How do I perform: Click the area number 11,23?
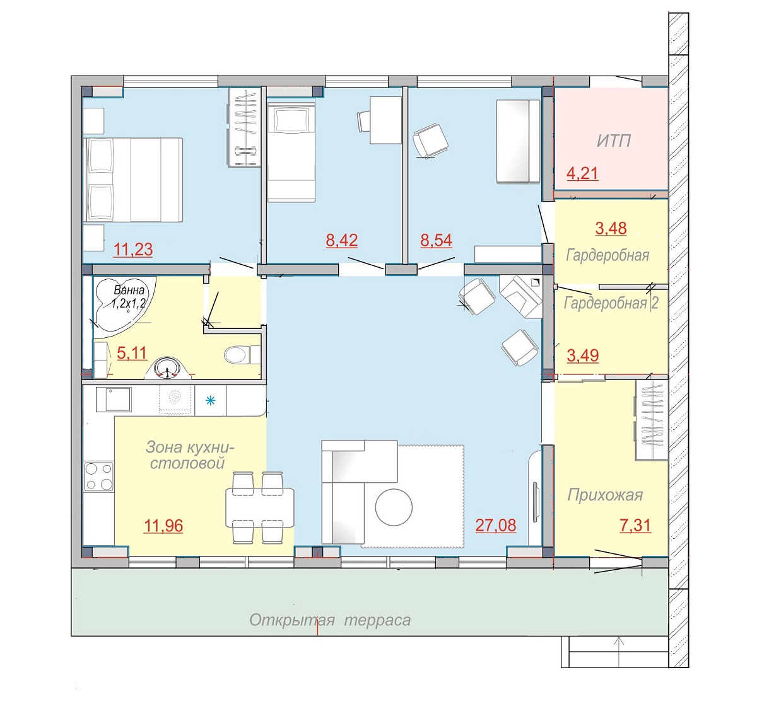pos(133,250)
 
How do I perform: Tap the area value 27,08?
pos(495,526)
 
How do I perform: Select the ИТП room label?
pos(614,141)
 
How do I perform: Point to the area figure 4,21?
pos(582,174)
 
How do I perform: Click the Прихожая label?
pos(605,495)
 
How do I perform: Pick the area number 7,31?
pos(635,526)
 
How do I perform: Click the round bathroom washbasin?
pos(168,368)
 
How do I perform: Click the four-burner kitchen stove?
pos(98,476)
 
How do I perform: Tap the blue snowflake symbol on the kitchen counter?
pos(211,400)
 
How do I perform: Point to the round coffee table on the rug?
pos(394,507)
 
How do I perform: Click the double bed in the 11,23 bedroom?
pos(132,180)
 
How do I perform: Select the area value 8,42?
pos(342,240)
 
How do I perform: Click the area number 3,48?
pos(611,229)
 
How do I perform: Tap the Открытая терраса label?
pos(330,620)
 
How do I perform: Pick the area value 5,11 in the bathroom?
pos(132,353)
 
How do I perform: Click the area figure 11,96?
pos(163,526)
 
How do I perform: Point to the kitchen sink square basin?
pos(114,399)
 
